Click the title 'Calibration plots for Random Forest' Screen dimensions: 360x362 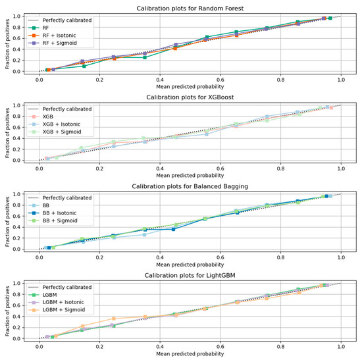coord(190,8)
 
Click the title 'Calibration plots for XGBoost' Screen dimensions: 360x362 coord(190,97)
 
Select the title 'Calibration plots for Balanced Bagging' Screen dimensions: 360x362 coord(190,186)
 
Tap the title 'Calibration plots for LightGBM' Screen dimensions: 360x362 coord(190,275)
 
